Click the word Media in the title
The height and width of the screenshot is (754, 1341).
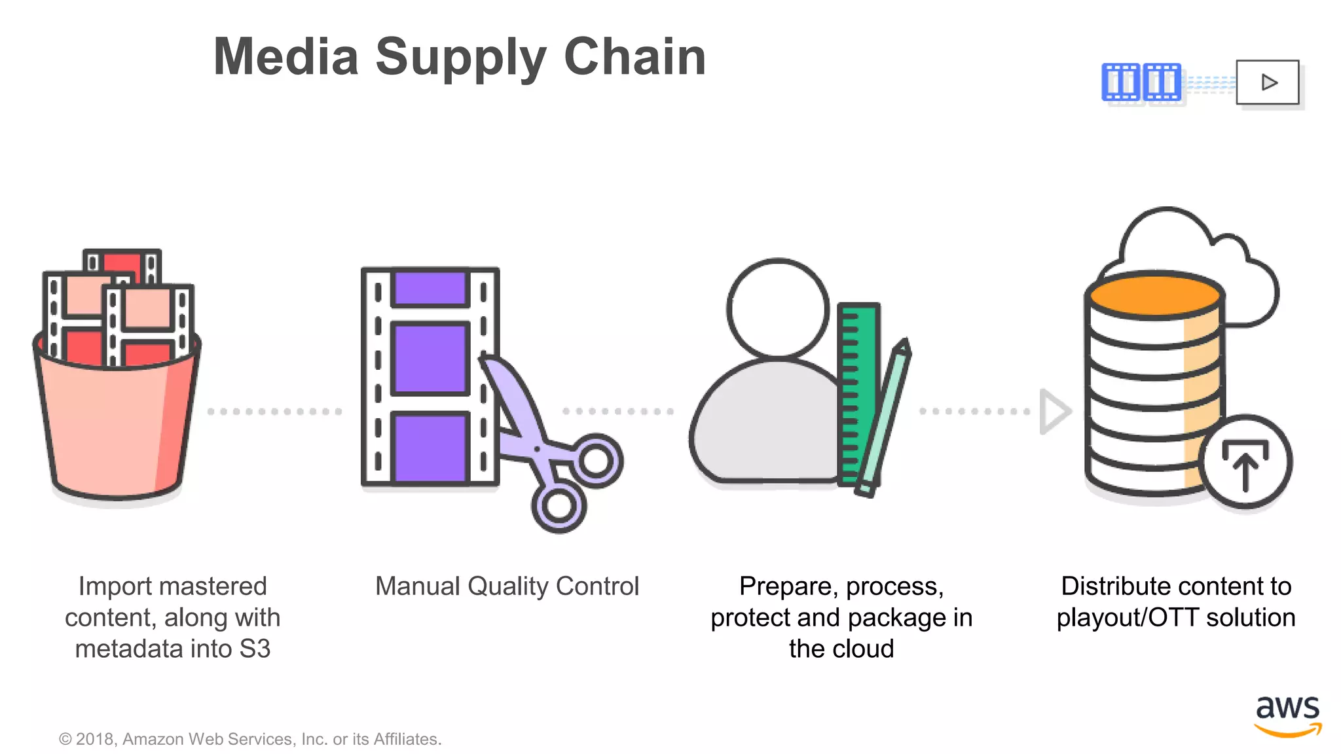pos(286,57)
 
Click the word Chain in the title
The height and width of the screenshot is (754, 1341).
pos(634,57)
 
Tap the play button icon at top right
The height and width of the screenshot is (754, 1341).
pos(1268,82)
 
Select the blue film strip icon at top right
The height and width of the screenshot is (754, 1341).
pos(1141,82)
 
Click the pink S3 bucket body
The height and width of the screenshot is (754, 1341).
pos(111,425)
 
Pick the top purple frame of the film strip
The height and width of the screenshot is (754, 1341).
pos(430,288)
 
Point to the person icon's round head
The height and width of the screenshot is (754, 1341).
pos(778,308)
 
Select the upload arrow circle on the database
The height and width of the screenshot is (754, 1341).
pos(1245,462)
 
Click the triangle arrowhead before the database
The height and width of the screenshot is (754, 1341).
pos(1053,412)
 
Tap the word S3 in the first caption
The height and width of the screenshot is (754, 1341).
pos(255,649)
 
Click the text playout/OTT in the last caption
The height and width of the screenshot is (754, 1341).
pos(1127,618)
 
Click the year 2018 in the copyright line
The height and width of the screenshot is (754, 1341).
pos(96,739)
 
